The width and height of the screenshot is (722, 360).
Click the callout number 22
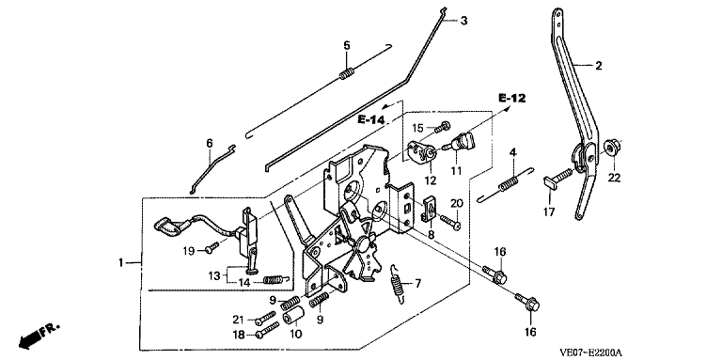tap(615, 178)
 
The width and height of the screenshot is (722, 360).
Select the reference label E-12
tap(511, 98)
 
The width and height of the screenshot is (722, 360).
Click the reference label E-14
tap(371, 120)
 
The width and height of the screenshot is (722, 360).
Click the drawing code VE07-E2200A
tap(590, 353)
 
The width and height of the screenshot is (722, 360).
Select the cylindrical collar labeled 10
tap(294, 315)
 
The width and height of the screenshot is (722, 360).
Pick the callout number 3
tap(463, 21)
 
